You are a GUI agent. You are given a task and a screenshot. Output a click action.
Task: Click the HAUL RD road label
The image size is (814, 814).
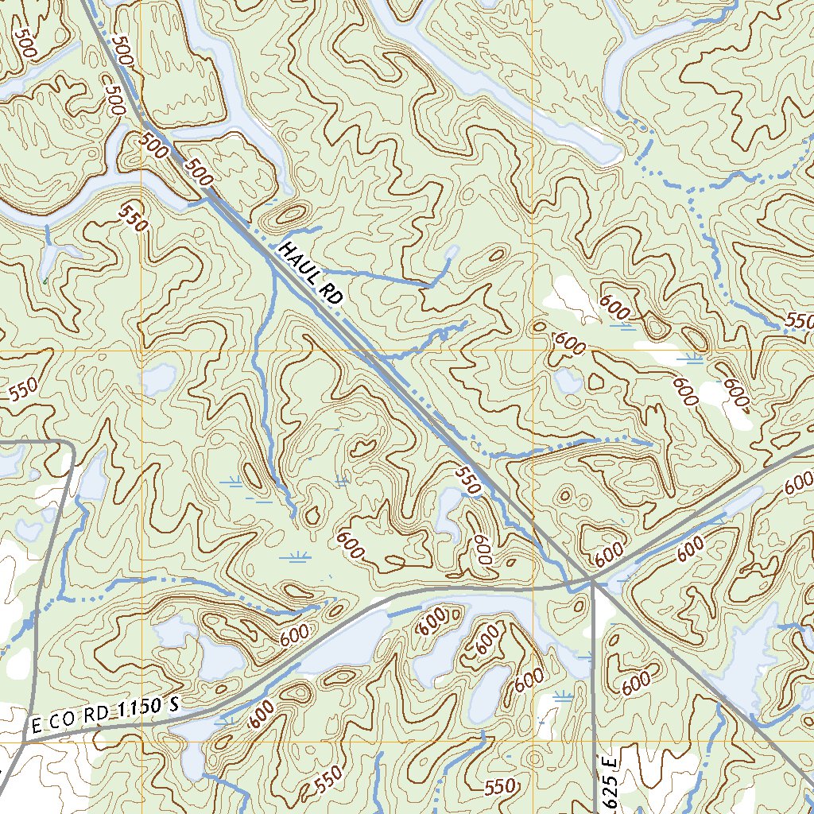(x=310, y=274)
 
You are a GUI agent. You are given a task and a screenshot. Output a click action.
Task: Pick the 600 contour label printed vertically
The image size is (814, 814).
(x=481, y=548)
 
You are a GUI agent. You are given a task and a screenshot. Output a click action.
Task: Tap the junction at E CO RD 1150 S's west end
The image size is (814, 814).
(x=24, y=742)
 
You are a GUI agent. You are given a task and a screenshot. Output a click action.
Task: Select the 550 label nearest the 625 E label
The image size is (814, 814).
(x=499, y=787)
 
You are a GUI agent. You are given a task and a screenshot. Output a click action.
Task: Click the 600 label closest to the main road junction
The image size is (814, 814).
(x=608, y=554)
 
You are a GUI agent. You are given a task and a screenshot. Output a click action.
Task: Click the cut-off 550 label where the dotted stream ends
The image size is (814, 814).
(x=799, y=320)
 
